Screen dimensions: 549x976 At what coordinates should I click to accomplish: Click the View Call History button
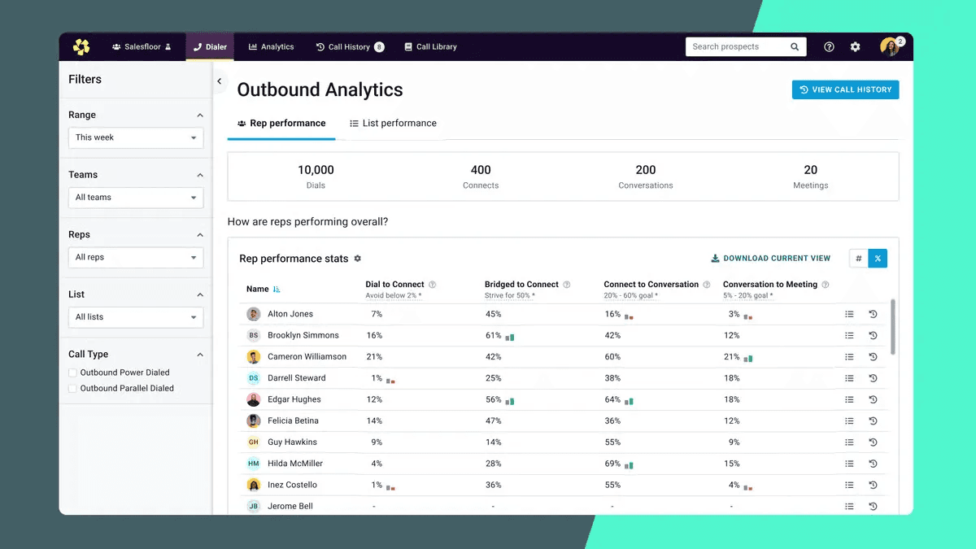[845, 89]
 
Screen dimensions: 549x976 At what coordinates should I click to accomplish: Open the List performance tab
[393, 124]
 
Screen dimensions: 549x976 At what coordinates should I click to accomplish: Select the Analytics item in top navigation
[271, 47]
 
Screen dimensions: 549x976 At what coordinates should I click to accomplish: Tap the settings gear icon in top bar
[855, 47]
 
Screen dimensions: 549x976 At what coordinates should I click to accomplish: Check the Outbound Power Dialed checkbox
[73, 373]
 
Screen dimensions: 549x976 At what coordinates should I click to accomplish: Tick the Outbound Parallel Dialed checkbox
[73, 389]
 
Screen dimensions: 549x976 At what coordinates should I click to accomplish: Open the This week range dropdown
[136, 137]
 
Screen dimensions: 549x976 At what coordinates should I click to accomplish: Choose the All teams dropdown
[136, 198]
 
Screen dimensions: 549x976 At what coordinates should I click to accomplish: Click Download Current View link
[770, 259]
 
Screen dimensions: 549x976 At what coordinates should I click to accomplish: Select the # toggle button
[859, 259]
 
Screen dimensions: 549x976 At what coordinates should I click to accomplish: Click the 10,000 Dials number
[316, 170]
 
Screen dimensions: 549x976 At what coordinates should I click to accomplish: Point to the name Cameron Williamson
[307, 357]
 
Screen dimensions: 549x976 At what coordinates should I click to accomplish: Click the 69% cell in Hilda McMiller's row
[612, 464]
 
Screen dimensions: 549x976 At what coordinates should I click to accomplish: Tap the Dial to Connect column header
[394, 285]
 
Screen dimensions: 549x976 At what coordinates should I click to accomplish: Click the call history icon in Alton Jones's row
[873, 314]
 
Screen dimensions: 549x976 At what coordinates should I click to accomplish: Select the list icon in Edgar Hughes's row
[849, 400]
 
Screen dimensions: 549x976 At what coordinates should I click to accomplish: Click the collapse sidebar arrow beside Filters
[220, 81]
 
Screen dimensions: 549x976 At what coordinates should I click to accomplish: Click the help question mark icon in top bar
[829, 47]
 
